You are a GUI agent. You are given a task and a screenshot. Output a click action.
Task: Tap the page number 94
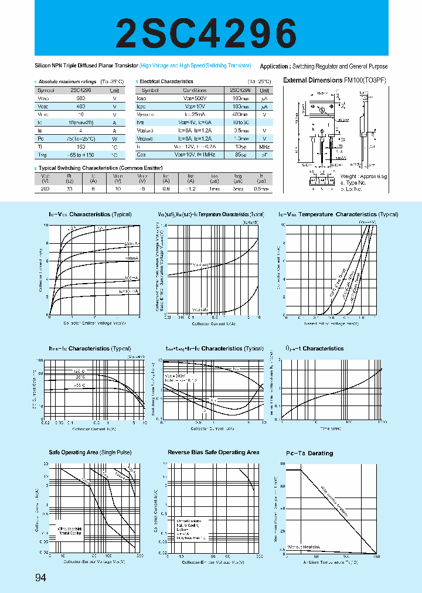pyautogui.click(x=40, y=578)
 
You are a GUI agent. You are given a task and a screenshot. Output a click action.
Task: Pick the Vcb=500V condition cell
pyautogui.click(x=195, y=99)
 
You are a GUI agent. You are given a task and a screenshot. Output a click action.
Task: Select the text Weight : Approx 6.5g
pyautogui.click(x=364, y=176)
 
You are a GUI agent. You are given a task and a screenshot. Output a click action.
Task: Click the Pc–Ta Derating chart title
pyautogui.click(x=309, y=453)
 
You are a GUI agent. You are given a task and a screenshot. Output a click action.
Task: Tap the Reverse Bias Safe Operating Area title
pyautogui.click(x=213, y=452)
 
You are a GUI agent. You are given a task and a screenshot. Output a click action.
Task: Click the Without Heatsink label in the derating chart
pyautogui.click(x=302, y=546)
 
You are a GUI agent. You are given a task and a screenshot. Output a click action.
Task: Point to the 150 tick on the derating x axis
pyautogui.click(x=376, y=556)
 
